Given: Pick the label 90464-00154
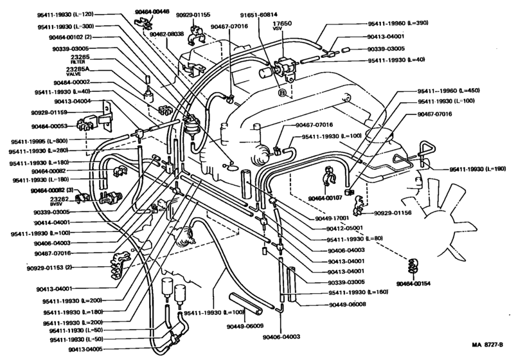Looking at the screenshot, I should tap(414, 283).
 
